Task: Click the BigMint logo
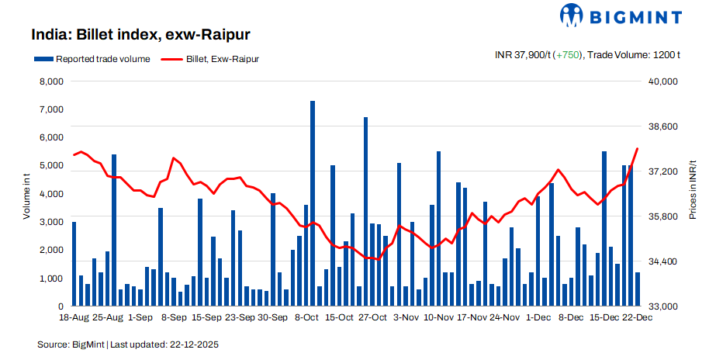[x=621, y=16]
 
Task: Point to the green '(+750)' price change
[x=568, y=55]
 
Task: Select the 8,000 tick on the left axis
[x=50, y=81]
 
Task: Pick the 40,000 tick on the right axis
[x=663, y=81]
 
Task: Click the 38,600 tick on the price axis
[x=663, y=126]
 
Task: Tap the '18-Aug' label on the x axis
[x=74, y=317]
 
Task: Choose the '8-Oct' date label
[x=306, y=317]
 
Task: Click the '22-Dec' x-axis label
[x=637, y=317]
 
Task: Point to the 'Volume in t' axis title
[x=26, y=194]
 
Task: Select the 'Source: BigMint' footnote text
[x=71, y=344]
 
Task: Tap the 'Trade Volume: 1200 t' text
[x=635, y=55]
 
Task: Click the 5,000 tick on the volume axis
[x=50, y=166]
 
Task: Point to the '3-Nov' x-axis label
[x=406, y=317]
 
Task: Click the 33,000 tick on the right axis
[x=663, y=306]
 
